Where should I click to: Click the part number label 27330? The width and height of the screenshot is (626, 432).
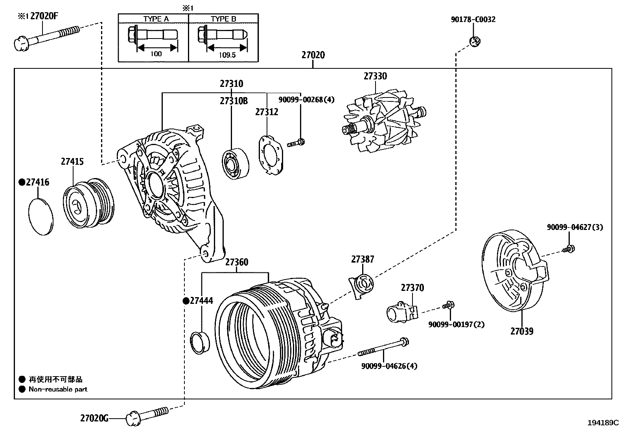pos(375,76)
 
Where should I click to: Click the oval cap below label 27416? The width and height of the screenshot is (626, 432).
pos(41,217)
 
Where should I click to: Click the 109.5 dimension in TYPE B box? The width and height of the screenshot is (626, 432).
pos(227,55)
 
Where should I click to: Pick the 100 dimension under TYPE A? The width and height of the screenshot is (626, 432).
pos(156,54)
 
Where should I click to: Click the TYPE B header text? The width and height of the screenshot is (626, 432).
pos(223,19)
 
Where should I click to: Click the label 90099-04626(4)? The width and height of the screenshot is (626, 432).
pos(389,366)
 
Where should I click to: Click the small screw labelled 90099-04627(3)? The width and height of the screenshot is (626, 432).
pos(569,248)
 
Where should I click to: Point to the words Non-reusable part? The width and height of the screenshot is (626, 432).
pos(58,390)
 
